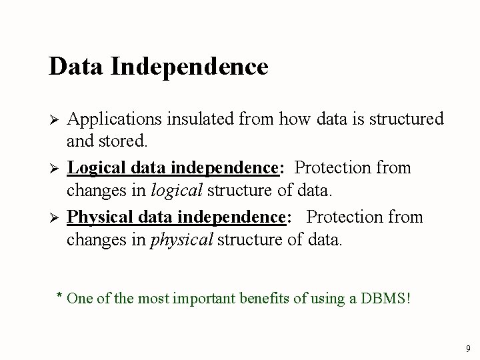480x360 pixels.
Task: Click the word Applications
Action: pyautogui.click(x=111, y=119)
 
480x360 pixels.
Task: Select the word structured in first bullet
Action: pyautogui.click(x=407, y=119)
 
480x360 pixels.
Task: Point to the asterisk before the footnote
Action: pyautogui.click(x=59, y=295)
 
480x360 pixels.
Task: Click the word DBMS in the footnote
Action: pyautogui.click(x=385, y=297)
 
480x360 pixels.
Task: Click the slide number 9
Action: pyautogui.click(x=468, y=349)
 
